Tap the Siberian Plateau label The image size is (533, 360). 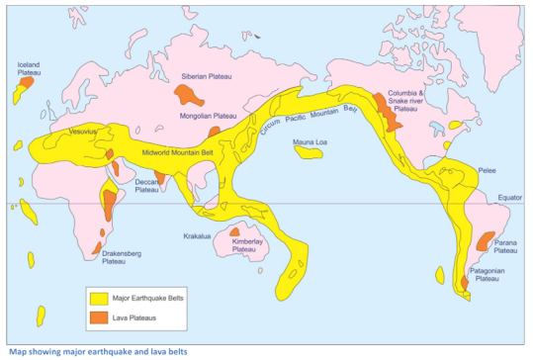pos(203,76)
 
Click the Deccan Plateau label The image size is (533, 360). pos(146,185)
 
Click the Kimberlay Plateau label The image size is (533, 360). pos(244,245)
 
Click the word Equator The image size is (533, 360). pos(508,198)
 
